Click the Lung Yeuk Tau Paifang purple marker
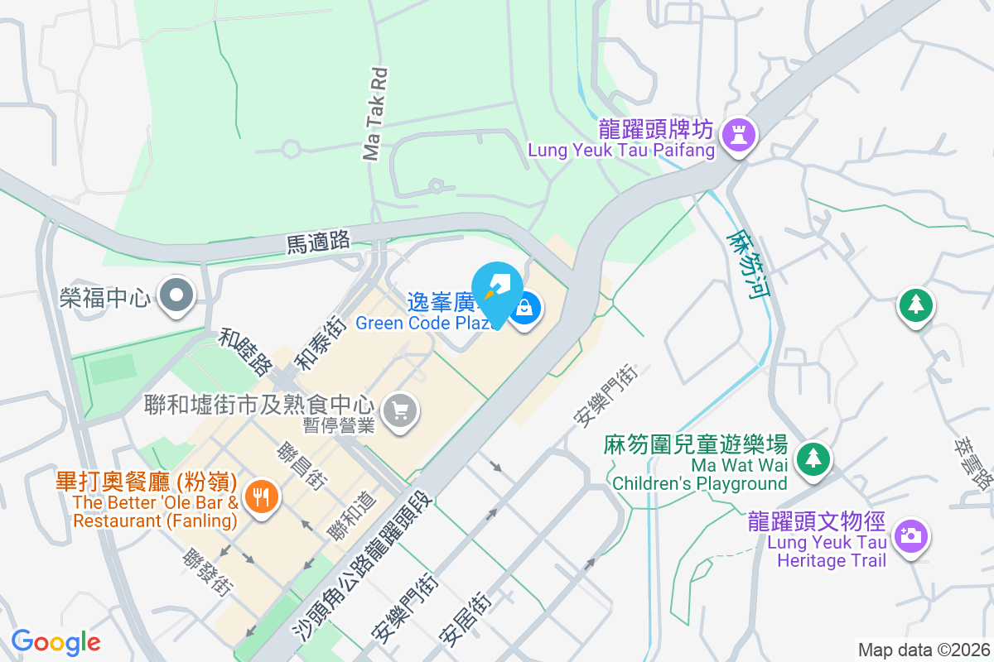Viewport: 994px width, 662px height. pos(736,135)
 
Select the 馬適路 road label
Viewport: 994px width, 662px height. pos(319,242)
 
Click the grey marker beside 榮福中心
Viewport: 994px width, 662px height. pos(176,295)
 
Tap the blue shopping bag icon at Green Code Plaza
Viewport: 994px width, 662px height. pos(524,309)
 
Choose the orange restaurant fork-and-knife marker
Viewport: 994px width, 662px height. pos(262,496)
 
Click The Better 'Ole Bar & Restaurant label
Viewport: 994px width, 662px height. pos(156,511)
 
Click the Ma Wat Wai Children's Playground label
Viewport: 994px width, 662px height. pos(699,474)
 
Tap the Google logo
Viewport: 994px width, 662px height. pos(55,642)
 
